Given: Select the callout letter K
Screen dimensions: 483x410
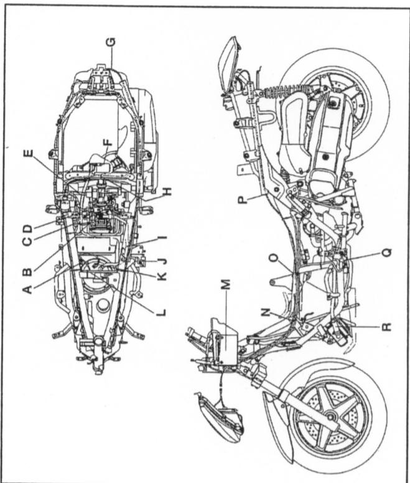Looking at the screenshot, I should pyautogui.click(x=164, y=276).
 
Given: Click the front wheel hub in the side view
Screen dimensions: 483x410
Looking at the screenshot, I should pyautogui.click(x=330, y=417).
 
